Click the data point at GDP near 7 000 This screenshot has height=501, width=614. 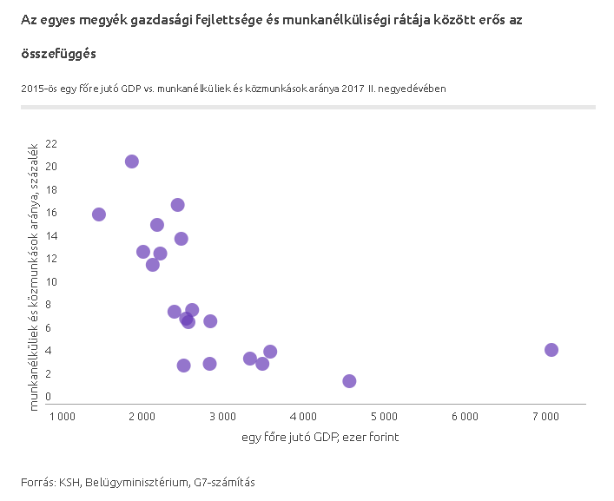click(551, 350)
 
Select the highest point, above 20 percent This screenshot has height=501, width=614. click(132, 162)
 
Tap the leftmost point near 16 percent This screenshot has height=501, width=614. click(99, 214)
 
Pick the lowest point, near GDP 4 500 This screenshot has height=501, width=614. click(349, 381)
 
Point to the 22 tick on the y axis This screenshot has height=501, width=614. click(51, 143)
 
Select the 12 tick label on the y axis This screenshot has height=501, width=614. click(51, 259)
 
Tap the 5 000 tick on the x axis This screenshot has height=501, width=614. click(384, 417)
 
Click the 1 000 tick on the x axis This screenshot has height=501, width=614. click(63, 417)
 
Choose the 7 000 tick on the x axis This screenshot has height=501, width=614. click(545, 417)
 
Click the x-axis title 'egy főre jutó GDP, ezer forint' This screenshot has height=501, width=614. click(320, 438)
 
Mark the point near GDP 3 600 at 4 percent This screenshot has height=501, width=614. click(270, 352)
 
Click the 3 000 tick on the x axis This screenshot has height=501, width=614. click(223, 417)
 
